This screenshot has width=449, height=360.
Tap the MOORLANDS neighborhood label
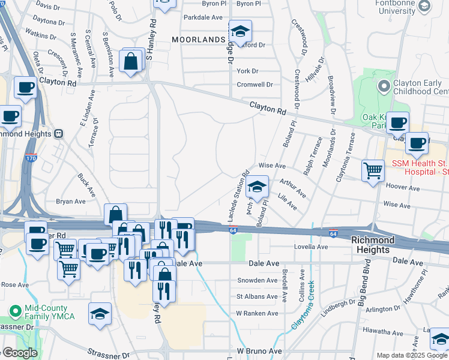pos(197,39)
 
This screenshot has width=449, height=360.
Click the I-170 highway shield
pos(31,158)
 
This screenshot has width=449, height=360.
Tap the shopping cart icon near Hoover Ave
pos(373,170)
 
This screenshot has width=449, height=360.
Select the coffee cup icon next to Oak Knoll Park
pos(397,123)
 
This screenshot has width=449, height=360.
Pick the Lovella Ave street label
pos(310,247)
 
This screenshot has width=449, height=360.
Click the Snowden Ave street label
pos(258,280)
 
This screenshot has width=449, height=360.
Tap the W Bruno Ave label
pos(259,350)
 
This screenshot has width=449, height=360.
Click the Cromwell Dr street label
pos(255,85)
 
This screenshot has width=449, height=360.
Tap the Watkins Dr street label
pos(35,35)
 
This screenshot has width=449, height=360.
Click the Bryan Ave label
pos(71,202)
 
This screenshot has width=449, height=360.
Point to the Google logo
pos(19,353)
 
